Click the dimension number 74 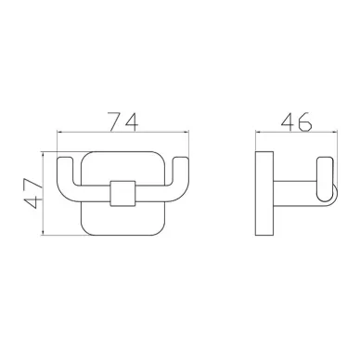coord(122,122)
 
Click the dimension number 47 coord(33,193)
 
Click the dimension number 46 coord(296,122)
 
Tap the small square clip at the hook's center coord(122,193)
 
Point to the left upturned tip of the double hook coord(66,161)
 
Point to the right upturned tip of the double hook coord(180,161)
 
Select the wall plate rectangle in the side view coord(264,193)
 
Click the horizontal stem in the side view coord(295,193)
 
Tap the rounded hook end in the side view coord(325,180)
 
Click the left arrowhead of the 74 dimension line coord(59,132)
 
